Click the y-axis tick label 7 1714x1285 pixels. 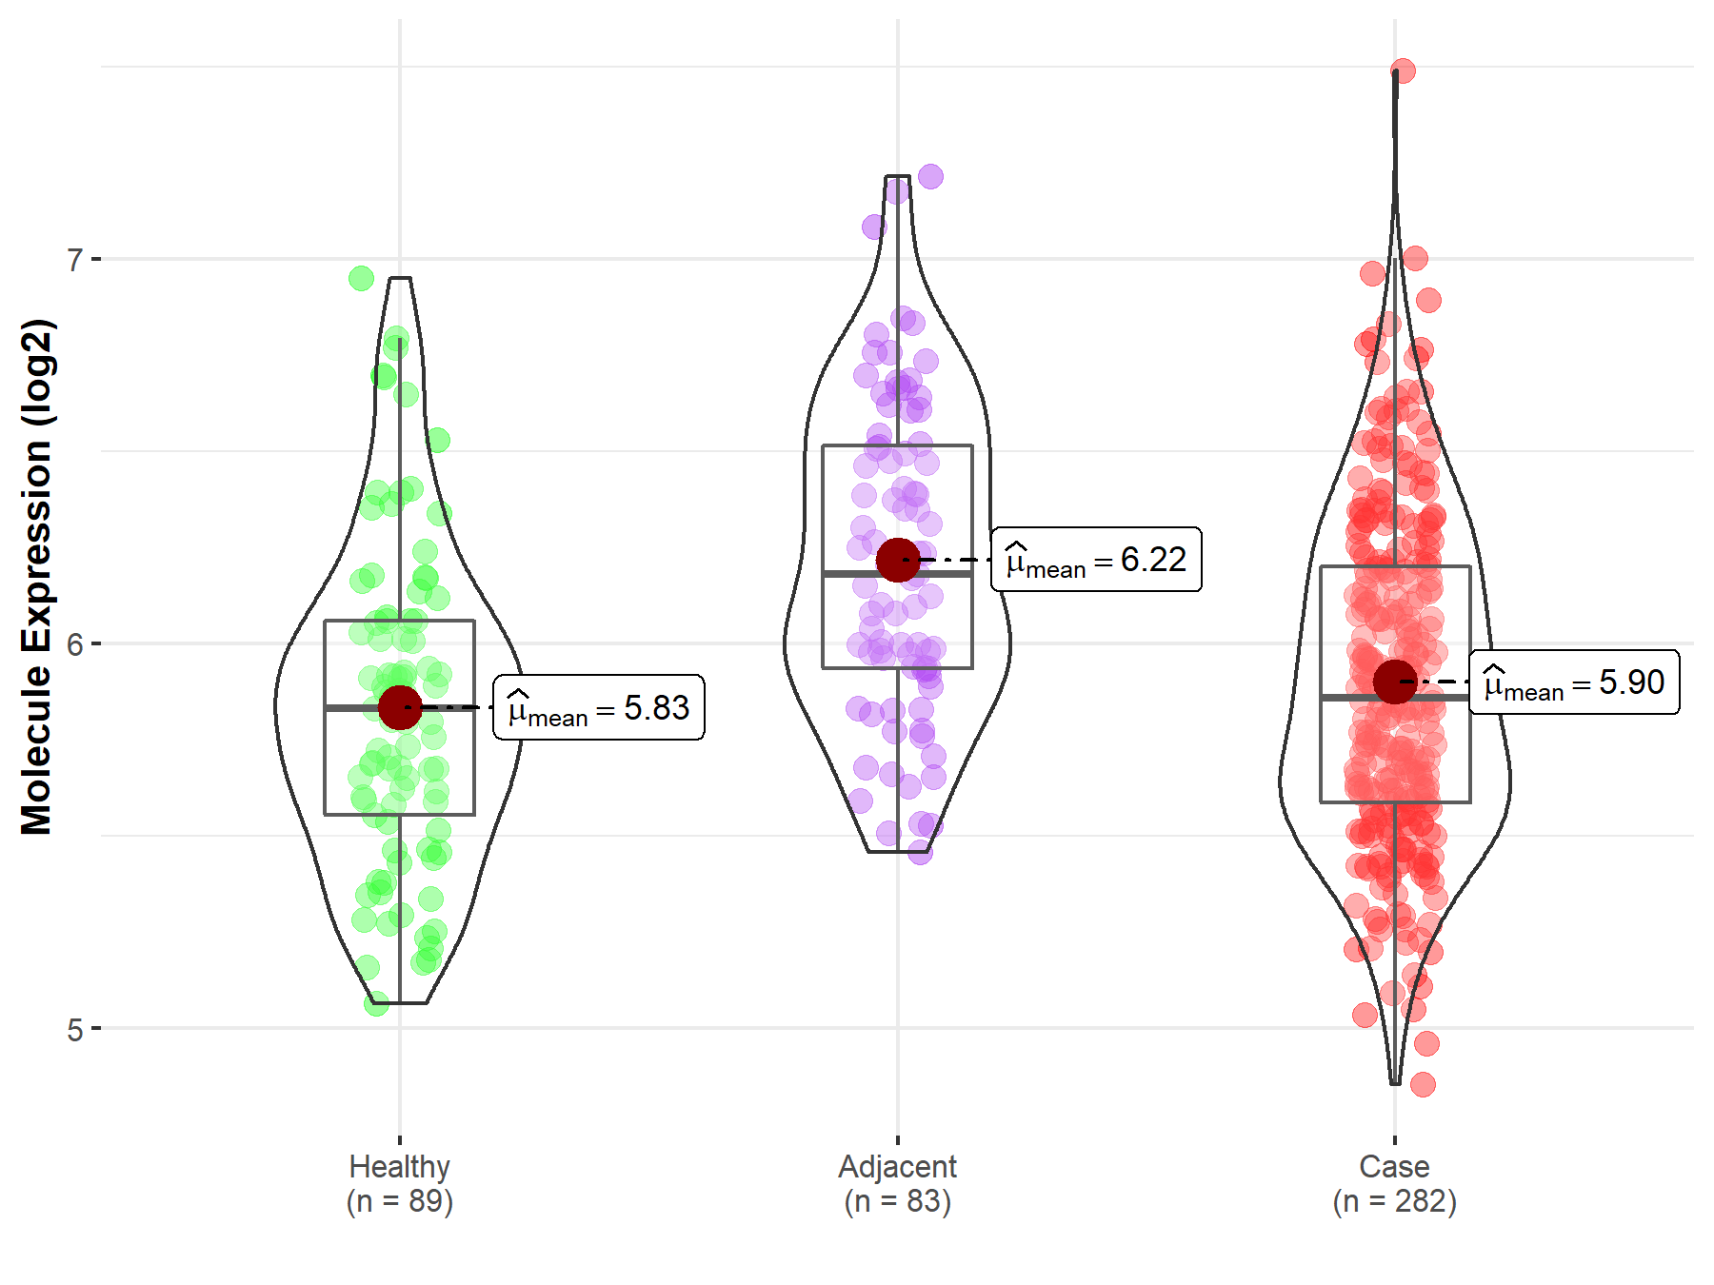click(x=75, y=260)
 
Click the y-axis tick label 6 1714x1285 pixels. click(x=75, y=644)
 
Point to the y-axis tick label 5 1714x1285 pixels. click(x=75, y=1030)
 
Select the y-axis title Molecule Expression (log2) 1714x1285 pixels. click(x=36, y=577)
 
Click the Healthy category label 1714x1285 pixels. click(x=399, y=1166)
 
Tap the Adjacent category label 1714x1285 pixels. click(x=897, y=1166)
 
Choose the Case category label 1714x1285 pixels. click(x=1394, y=1166)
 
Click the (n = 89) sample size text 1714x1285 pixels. click(x=399, y=1201)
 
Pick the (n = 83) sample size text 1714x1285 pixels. click(x=897, y=1201)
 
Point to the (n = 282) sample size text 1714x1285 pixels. click(x=1394, y=1201)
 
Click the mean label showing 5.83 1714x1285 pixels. click(x=599, y=708)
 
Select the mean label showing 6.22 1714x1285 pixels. click(x=1096, y=560)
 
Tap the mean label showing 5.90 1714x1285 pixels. click(x=1574, y=682)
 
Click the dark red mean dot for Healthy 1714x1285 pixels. click(x=400, y=708)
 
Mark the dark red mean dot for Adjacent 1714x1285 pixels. click(x=898, y=560)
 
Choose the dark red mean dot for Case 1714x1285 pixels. click(x=1395, y=682)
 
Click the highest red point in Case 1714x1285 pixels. click(x=1403, y=70)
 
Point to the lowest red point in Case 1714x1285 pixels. click(x=1423, y=1084)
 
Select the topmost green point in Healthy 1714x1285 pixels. click(x=361, y=278)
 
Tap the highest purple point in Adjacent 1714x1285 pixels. click(x=930, y=176)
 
